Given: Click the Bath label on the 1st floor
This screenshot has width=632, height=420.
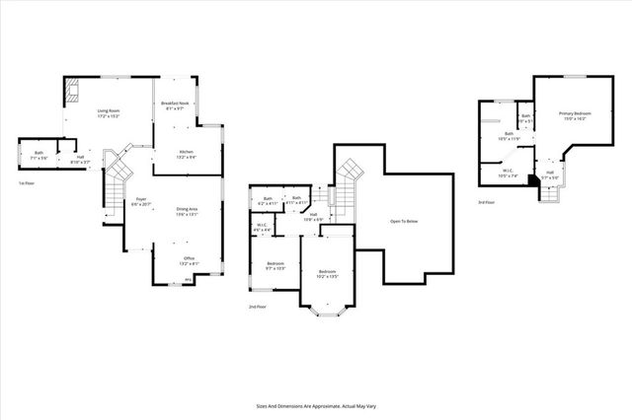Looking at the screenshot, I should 39,154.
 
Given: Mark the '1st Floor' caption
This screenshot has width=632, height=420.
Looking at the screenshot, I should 28,183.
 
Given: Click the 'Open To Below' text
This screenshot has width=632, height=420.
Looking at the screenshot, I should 405,222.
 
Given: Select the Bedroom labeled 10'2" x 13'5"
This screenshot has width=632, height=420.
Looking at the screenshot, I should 327,274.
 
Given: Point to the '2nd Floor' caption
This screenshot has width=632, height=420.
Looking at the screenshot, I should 257,307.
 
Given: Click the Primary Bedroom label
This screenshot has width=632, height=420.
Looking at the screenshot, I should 574,116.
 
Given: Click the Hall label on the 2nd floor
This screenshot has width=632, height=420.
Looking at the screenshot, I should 312,216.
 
